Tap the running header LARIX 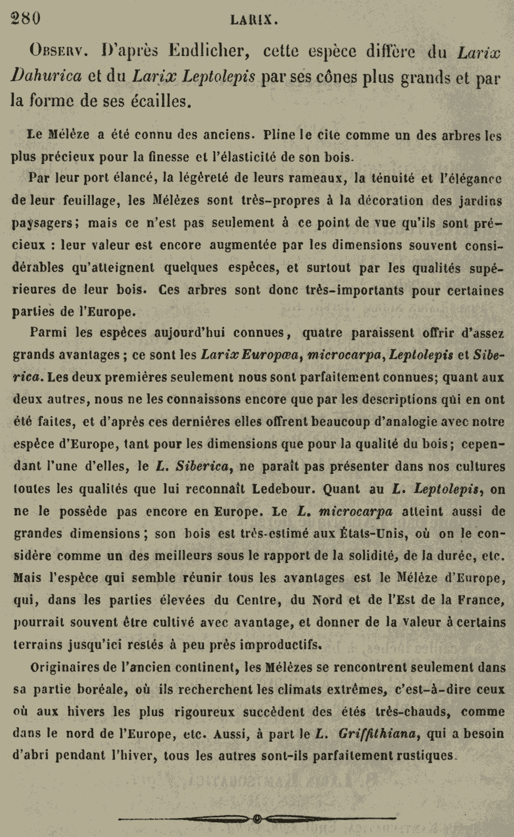(x=254, y=21)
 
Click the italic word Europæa (x=272, y=355)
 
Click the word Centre (x=254, y=599)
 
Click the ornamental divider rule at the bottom (x=256, y=819)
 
